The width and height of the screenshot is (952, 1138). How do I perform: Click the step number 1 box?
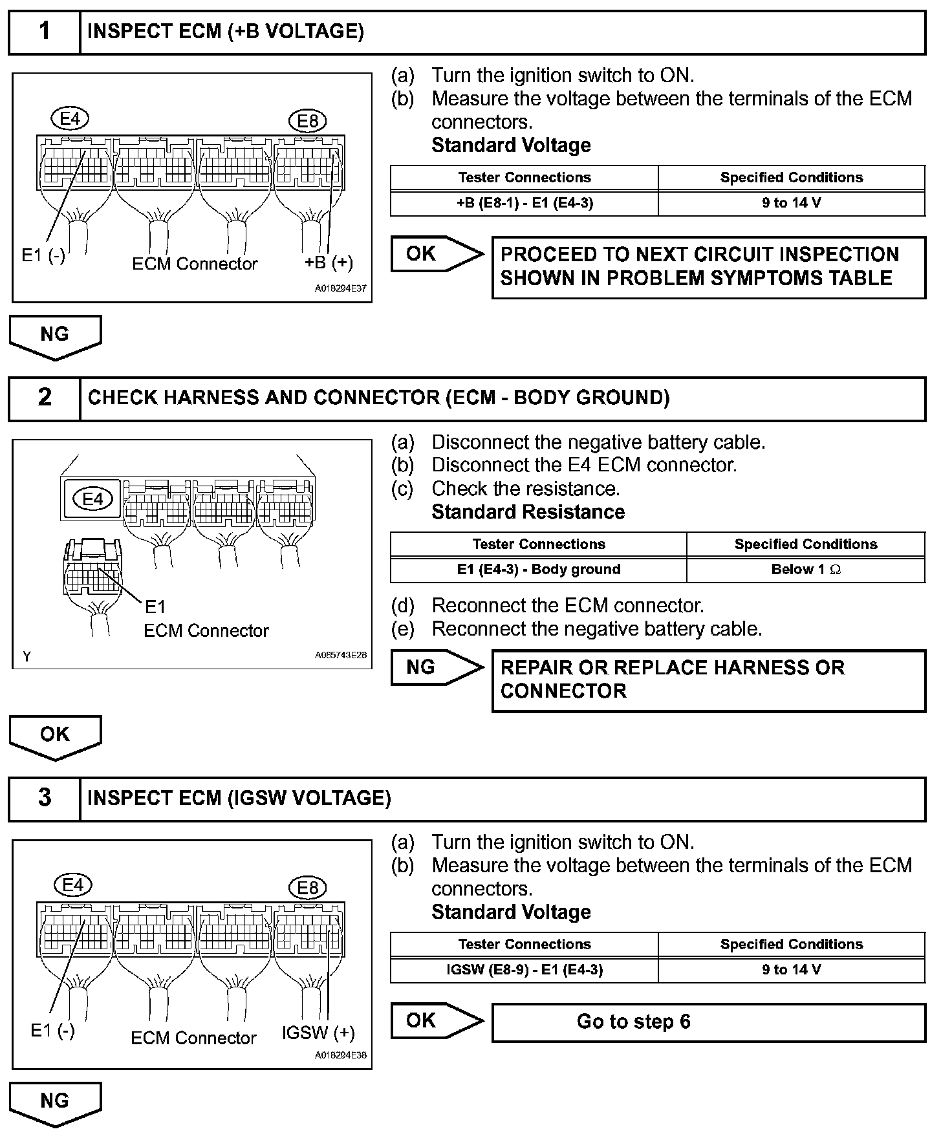coord(44,32)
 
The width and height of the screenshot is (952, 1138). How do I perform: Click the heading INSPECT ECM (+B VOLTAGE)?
coord(225,32)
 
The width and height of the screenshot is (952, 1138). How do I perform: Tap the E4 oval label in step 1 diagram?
coord(70,119)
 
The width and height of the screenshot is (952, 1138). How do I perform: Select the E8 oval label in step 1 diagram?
coord(308,121)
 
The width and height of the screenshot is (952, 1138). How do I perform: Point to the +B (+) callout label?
coord(329,262)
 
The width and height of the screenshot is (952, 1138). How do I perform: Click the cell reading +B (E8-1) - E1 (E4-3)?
coord(524,203)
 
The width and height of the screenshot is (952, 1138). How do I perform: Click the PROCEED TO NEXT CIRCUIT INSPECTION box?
coord(708,266)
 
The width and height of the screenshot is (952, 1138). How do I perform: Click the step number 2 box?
coord(44,398)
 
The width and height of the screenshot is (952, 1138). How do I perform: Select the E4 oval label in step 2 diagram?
coord(92,499)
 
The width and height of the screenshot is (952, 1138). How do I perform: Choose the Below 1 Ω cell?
coord(806,570)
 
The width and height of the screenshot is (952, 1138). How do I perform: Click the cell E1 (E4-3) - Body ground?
coord(538,570)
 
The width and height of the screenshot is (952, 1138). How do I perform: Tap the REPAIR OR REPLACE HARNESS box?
coord(708,680)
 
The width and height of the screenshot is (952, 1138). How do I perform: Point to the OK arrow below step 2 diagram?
coord(55,736)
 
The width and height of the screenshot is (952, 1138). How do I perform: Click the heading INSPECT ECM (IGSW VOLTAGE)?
coord(239,799)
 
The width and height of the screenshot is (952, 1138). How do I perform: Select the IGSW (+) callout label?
coord(318,1033)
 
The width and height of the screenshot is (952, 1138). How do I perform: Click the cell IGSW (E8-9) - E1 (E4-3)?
coord(524,970)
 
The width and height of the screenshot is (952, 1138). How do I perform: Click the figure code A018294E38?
coord(340,1055)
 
